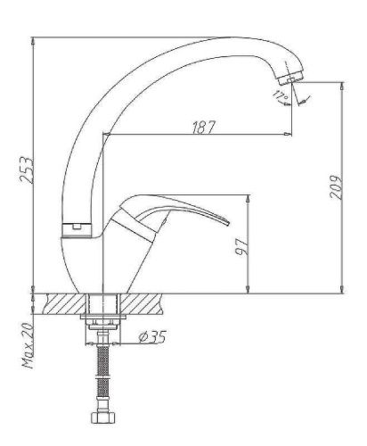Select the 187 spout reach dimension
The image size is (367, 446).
click(203, 127)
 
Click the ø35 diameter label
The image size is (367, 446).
click(154, 337)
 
